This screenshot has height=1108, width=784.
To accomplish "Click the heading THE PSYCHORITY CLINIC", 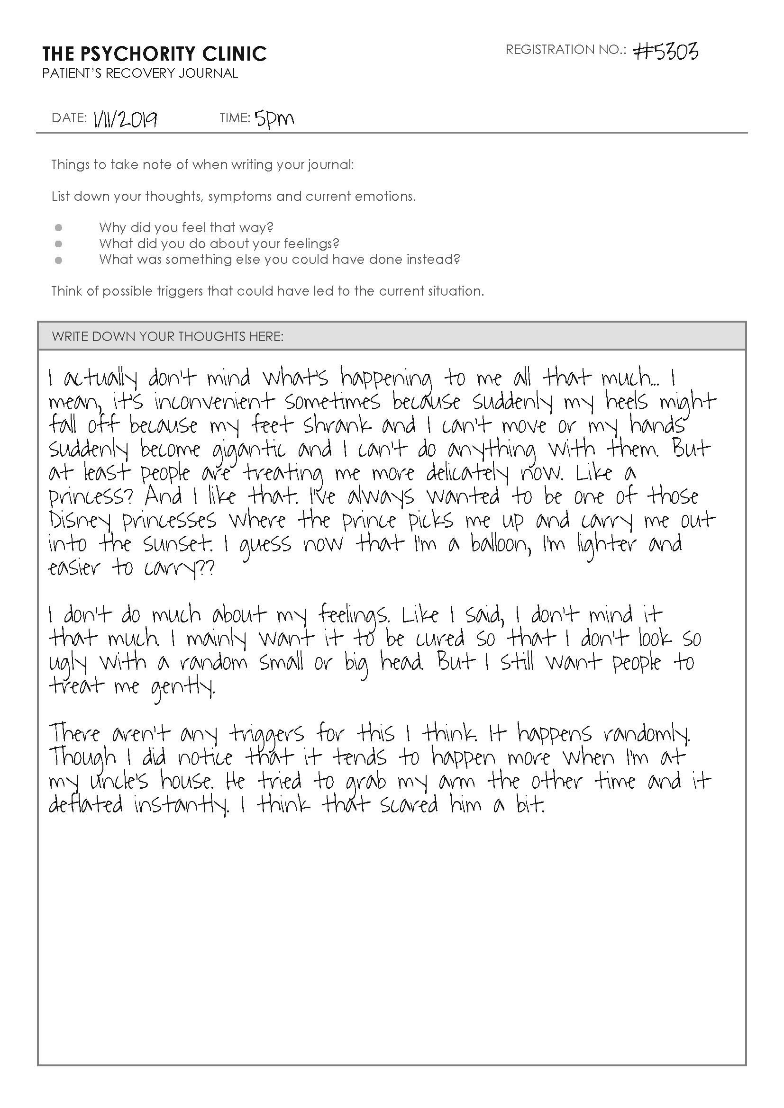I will [x=154, y=54].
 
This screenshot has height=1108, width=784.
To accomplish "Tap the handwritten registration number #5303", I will [x=665, y=51].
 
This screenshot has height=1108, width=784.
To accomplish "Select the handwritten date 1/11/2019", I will [x=125, y=119].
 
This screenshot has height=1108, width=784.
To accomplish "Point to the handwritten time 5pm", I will [x=274, y=119].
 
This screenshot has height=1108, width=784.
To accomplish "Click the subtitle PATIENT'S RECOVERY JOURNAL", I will [x=140, y=73].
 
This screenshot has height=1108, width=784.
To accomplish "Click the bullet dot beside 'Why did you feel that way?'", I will [x=58, y=227].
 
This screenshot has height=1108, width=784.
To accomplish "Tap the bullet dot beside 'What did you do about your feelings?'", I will [x=58, y=243].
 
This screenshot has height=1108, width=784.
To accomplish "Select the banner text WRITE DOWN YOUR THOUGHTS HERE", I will [x=167, y=336].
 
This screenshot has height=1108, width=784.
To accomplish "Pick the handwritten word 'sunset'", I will [x=177, y=545].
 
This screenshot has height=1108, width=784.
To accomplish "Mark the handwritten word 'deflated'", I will [x=85, y=805].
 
